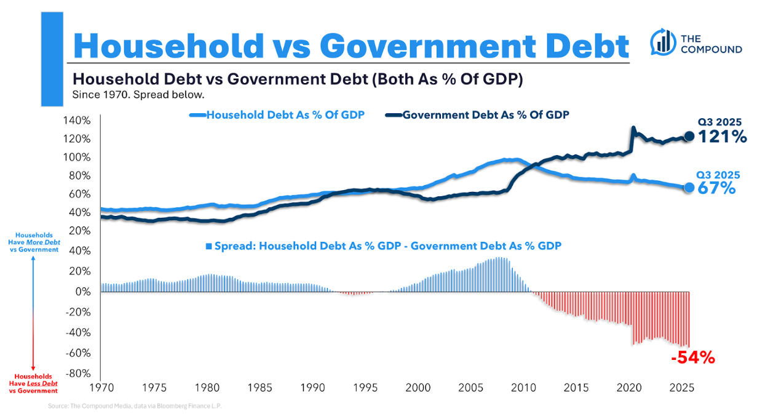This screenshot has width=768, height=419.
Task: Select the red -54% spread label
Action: point(693,357)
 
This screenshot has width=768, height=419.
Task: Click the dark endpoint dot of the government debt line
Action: point(689,136)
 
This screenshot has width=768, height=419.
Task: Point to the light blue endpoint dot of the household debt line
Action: point(689,187)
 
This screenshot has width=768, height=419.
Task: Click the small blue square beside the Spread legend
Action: point(209,246)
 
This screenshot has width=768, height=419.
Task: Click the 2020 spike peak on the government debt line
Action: point(633,128)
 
